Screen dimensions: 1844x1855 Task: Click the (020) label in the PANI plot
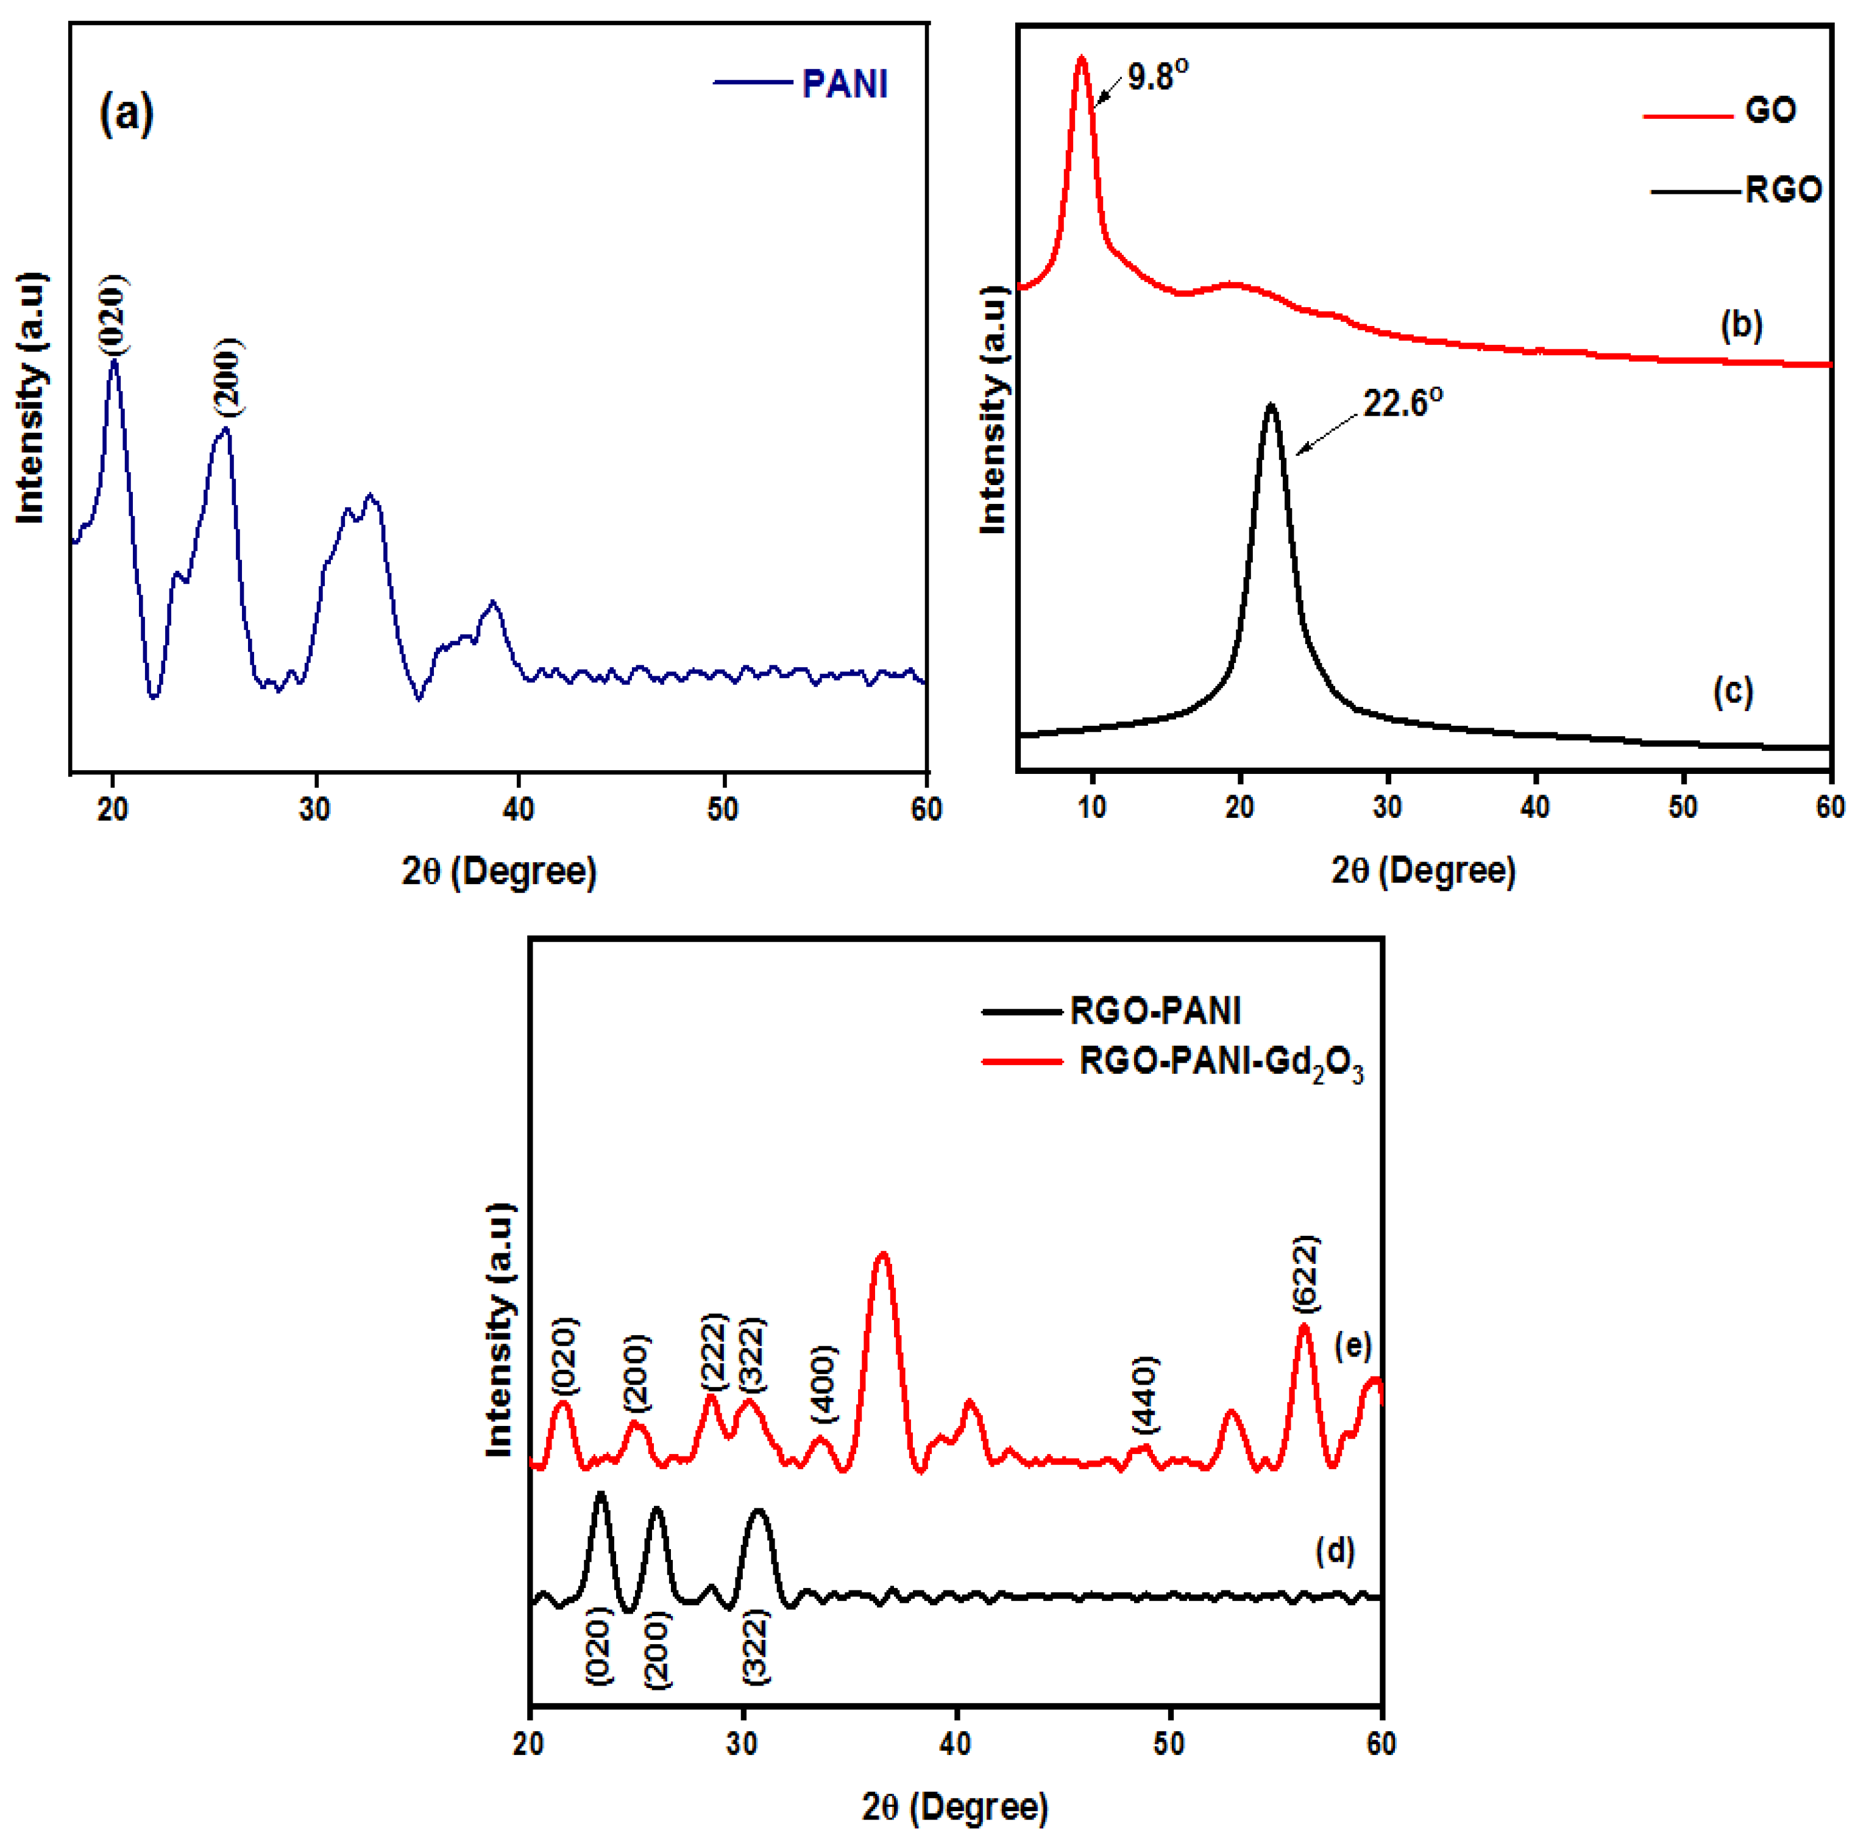coord(112,315)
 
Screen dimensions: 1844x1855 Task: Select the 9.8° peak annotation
coord(1157,76)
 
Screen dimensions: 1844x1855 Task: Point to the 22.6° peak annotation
coord(1402,403)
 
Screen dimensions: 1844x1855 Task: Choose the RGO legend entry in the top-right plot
coord(1782,190)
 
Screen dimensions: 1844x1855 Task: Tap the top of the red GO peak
coord(1082,60)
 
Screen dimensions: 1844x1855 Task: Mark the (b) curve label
coord(1741,327)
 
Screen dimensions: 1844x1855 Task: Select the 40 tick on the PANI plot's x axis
coord(519,809)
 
